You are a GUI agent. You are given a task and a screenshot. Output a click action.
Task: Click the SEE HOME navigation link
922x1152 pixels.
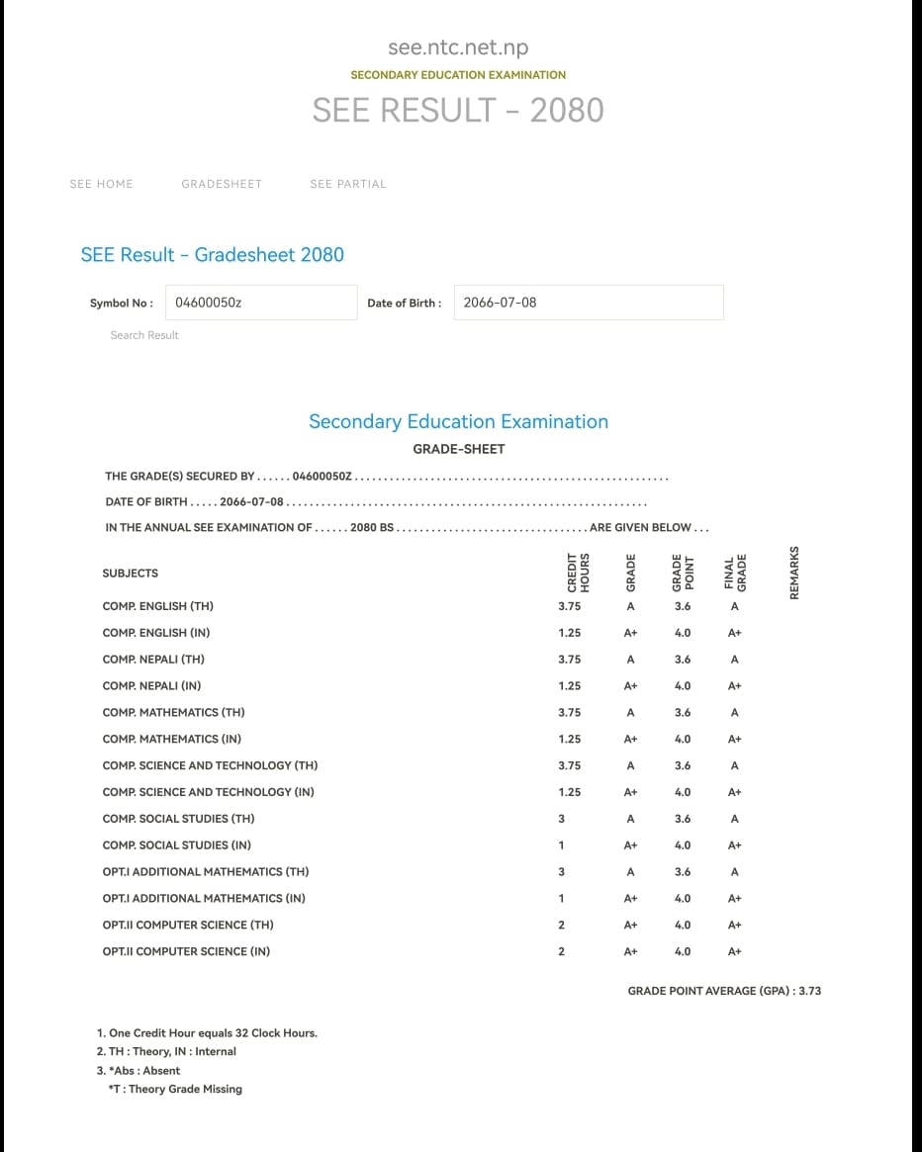(101, 184)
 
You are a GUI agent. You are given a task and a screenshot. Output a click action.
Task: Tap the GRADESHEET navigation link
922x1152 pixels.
(222, 184)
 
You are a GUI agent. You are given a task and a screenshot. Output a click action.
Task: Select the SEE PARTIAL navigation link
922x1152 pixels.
(348, 184)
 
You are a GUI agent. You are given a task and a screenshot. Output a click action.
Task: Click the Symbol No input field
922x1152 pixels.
(261, 303)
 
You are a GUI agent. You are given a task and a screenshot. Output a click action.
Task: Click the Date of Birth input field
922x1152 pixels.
(589, 303)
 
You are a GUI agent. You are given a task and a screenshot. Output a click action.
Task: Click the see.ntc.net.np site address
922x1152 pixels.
(458, 47)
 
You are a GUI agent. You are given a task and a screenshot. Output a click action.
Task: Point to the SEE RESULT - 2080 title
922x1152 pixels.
(458, 110)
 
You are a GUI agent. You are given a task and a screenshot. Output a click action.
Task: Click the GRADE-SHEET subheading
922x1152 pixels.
(459, 449)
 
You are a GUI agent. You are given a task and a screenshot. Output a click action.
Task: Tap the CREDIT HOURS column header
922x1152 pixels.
(578, 574)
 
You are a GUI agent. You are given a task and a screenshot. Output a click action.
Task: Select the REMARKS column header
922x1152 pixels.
(794, 573)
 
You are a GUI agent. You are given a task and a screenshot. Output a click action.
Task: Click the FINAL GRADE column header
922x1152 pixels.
(735, 574)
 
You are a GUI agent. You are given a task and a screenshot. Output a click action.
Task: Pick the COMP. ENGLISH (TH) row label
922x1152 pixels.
(158, 606)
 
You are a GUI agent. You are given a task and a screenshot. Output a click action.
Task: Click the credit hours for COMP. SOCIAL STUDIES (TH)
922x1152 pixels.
(562, 819)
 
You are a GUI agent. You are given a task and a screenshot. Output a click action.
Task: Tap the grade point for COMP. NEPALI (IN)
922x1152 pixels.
(683, 686)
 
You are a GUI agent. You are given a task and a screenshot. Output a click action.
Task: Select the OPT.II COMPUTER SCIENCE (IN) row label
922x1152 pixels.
(186, 951)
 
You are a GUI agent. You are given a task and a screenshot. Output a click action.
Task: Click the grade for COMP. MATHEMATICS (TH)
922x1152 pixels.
(630, 713)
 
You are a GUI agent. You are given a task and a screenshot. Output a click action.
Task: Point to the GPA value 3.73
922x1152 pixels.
(809, 991)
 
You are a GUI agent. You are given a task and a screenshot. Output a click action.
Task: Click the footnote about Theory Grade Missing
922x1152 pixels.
(175, 1089)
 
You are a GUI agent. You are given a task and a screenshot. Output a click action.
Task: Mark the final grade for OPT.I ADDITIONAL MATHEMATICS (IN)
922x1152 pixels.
(735, 899)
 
